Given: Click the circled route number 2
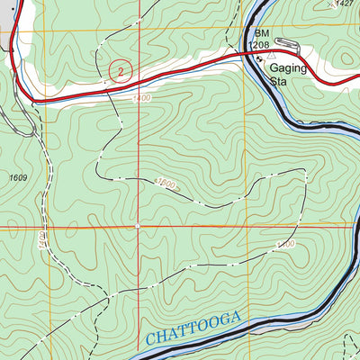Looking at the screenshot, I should click(117, 68).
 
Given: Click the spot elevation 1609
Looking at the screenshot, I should click(18, 177).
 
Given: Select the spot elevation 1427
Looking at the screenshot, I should click(343, 4).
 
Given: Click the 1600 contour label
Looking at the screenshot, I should click(167, 186).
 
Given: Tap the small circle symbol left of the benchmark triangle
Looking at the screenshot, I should click(258, 59).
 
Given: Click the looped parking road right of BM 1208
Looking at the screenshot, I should click(288, 43).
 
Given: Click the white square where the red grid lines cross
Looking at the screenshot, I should click(138, 226).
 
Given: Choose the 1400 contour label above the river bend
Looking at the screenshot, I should click(285, 244).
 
